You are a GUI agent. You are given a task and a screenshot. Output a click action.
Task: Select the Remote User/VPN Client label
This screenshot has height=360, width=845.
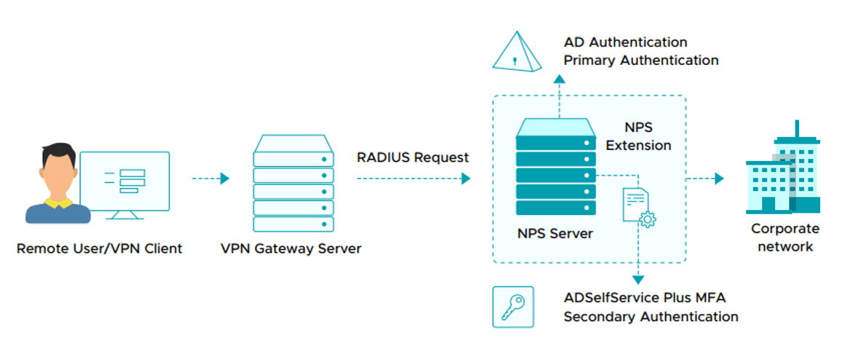(100, 249)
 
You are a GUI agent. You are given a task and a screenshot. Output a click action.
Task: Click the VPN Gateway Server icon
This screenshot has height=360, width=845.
(294, 183)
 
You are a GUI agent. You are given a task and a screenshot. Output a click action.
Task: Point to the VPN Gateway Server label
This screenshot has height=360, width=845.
(291, 249)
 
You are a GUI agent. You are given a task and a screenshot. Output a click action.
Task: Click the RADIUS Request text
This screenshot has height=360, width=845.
(413, 157)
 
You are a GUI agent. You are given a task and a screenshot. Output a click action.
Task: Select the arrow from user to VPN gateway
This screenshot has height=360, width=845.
(211, 179)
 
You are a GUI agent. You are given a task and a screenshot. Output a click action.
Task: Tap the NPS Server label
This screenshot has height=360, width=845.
(555, 234)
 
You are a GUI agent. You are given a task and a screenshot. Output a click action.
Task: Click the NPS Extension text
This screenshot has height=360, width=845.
(639, 136)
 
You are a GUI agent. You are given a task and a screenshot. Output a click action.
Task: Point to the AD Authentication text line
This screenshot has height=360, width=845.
(626, 42)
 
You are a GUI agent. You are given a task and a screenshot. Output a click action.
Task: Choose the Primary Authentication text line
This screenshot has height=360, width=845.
(641, 60)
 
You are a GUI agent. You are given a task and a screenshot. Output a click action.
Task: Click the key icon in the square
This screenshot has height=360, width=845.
(513, 307)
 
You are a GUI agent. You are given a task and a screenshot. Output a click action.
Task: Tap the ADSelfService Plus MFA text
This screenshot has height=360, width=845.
(645, 298)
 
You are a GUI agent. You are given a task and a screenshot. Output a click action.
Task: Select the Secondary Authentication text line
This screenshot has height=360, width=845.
(651, 316)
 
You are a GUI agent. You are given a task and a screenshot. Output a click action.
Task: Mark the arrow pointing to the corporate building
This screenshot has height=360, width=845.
(705, 179)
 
